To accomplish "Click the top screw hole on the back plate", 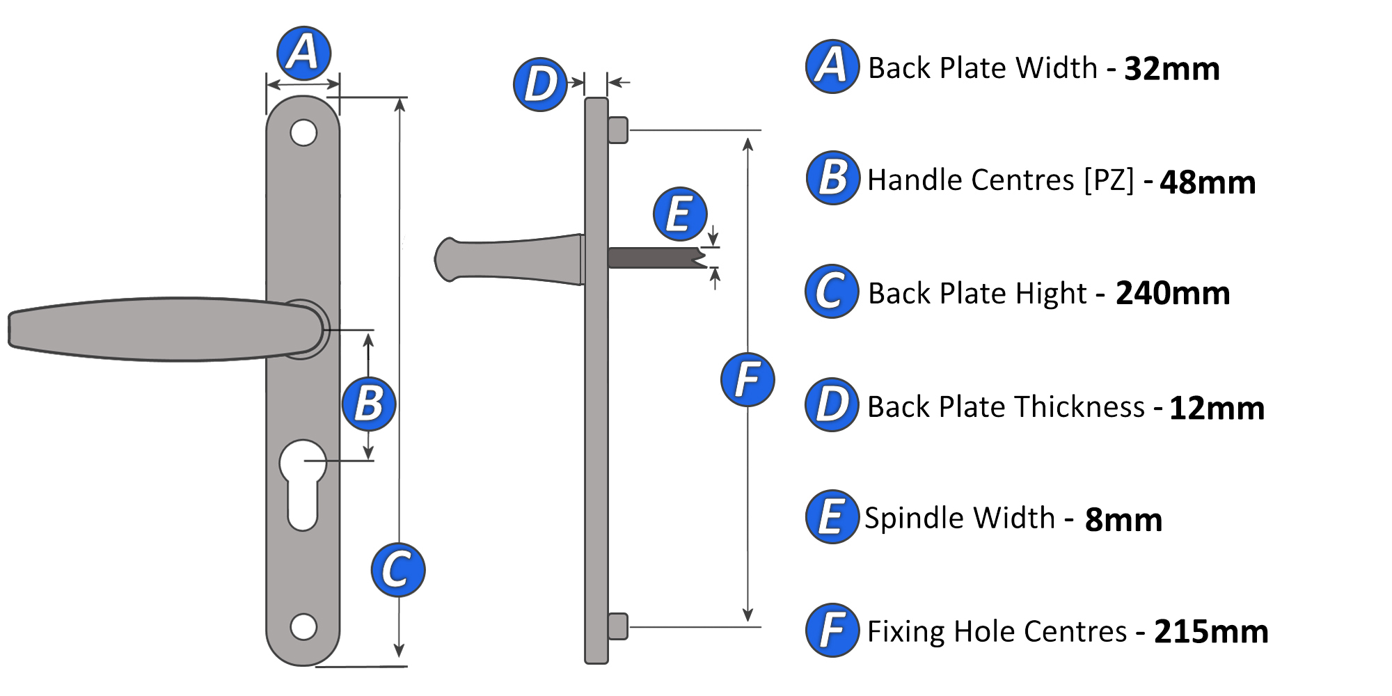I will pos(303,132).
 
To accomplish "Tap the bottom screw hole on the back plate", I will pos(303,626).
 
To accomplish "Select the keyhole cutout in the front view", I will pos(303,484).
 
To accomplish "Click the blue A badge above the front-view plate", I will pos(303,54).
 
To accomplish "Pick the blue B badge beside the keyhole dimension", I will pos(369,404).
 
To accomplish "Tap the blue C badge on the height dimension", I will pos(398,570).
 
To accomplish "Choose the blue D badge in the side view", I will pos(541,84).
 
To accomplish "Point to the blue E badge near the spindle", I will pos(680,214).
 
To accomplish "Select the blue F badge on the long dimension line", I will pos(748,380).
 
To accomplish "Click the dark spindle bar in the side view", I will pos(654,258).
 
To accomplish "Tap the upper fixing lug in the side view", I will pos(618,130).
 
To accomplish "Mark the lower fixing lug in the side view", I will pos(618,626).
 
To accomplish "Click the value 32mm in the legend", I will pos(1172,69).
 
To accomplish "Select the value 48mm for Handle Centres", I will pos(1208,182).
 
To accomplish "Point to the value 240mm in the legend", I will pos(1173,293).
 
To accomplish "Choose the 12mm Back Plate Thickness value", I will pos(1217,408).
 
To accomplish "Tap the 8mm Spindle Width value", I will pos(1123,520).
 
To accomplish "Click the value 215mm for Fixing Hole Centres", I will pos(1211,632).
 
